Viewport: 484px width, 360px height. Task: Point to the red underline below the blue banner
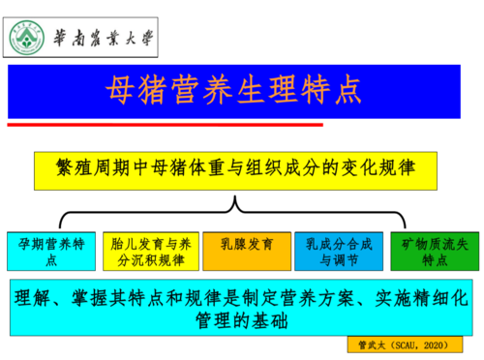(x=165, y=124)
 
